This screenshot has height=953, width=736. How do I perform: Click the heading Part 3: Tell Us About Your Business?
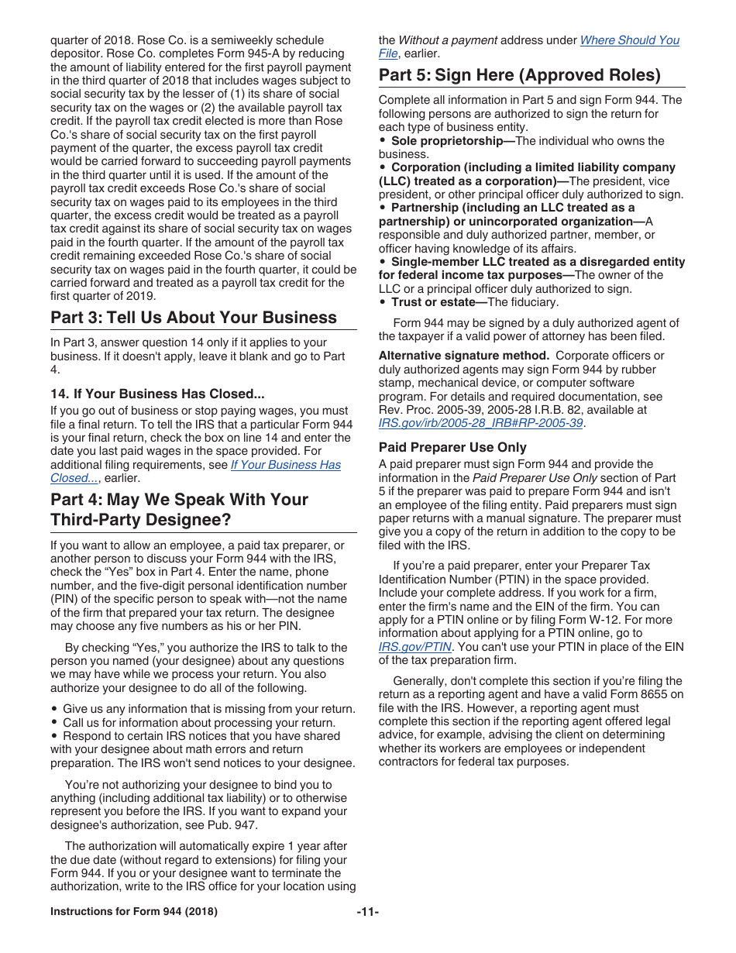194,318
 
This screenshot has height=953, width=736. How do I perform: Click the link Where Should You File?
629,40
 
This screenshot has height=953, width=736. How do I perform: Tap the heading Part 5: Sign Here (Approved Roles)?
519,75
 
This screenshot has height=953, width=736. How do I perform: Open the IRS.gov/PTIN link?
414,647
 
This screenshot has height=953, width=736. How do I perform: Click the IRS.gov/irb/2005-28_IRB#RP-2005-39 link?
480,423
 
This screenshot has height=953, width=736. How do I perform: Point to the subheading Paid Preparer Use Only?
452,447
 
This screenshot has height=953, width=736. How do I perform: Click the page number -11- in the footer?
368,912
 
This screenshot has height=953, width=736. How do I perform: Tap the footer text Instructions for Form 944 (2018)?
134,912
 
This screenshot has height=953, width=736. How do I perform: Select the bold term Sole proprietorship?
447,141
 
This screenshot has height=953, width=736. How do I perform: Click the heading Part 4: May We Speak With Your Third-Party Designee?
179,509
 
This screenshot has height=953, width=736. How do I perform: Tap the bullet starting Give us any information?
208,709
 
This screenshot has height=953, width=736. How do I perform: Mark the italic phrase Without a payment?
447,40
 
